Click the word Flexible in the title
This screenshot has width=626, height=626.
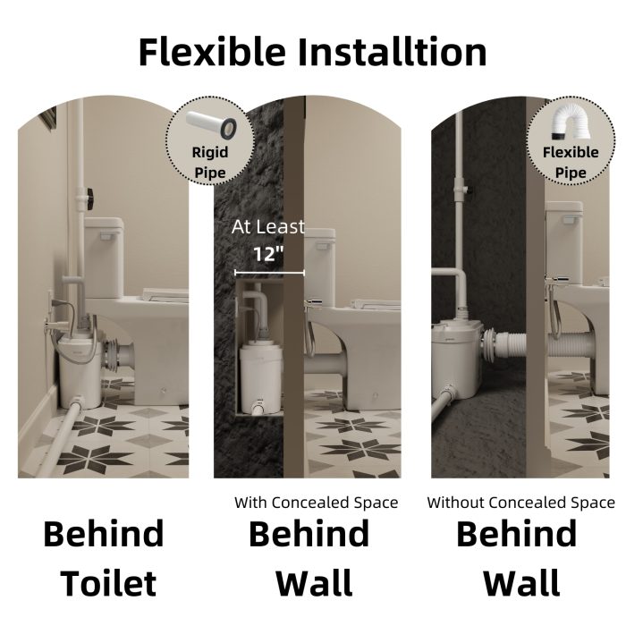tap(212, 52)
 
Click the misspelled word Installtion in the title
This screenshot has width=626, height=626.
tap(393, 52)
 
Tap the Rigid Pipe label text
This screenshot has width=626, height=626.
tap(210, 163)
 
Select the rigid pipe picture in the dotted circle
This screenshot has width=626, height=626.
tap(212, 124)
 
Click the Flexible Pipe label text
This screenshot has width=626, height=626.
tap(571, 163)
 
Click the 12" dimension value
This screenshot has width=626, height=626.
tap(268, 253)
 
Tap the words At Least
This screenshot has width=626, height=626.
tap(268, 227)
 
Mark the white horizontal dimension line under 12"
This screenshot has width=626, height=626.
tap(270, 273)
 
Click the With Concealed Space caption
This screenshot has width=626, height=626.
tap(317, 503)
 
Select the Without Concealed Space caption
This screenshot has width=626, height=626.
tap(521, 503)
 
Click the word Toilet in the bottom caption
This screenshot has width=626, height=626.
tap(108, 584)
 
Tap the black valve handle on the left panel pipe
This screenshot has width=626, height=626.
tap(90, 199)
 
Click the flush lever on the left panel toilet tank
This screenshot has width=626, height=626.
tap(107, 237)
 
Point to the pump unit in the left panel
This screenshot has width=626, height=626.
tap(80, 369)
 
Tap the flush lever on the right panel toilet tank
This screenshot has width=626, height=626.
tap(571, 219)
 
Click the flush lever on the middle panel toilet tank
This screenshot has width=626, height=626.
tap(325, 245)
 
